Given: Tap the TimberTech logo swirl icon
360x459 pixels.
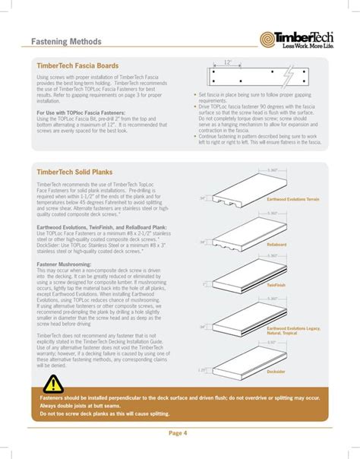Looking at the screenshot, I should (268, 39).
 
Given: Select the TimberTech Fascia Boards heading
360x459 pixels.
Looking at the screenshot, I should (77, 66).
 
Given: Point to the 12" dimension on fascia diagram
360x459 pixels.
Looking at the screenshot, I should (227, 64).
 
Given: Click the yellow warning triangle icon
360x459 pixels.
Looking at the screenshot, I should (52, 385).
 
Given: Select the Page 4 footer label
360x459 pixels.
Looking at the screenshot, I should (179, 433).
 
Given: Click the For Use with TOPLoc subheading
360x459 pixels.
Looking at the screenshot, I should (82, 112).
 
